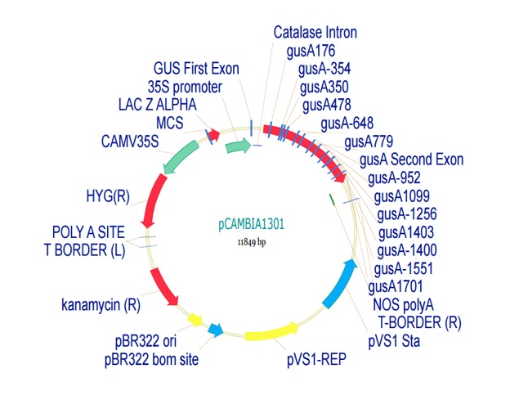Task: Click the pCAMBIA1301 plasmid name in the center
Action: coord(252,222)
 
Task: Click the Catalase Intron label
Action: coord(315,33)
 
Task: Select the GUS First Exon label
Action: coord(196,68)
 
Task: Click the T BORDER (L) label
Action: coord(84,250)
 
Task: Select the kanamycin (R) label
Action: coord(101,305)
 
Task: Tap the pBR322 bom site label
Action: coord(151,358)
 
